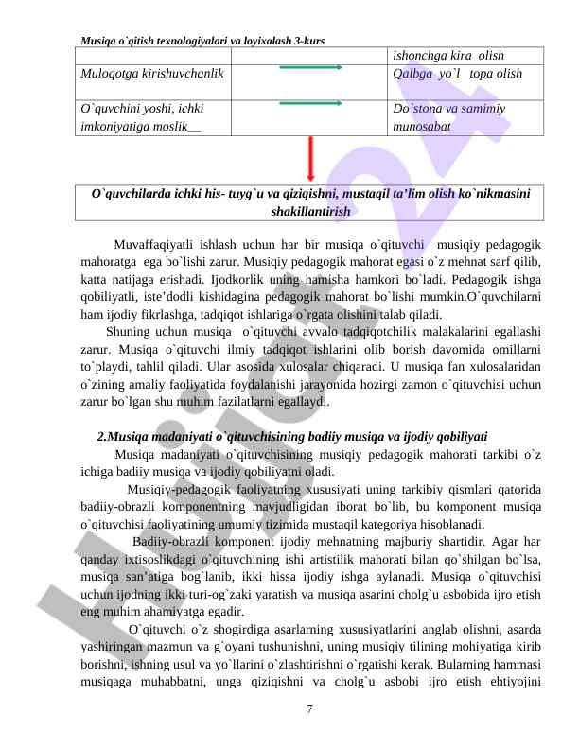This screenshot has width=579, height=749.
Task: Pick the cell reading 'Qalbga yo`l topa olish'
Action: pyautogui.click(x=455, y=74)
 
